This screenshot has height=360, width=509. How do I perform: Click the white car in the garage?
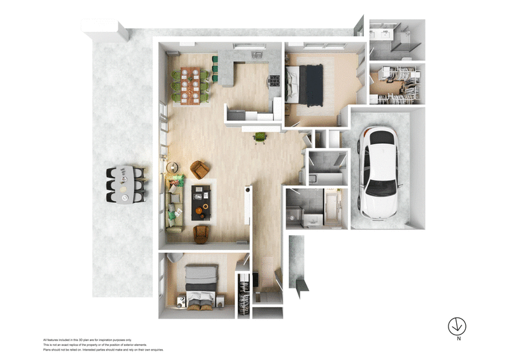(x=379, y=170)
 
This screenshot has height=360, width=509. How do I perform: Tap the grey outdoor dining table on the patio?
(x=127, y=184)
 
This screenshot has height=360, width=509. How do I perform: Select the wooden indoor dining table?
(x=190, y=83)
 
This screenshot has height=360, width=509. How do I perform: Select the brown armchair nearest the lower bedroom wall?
(x=200, y=233)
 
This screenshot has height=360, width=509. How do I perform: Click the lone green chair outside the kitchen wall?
(x=260, y=137)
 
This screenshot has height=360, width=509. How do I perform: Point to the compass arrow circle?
(x=457, y=326)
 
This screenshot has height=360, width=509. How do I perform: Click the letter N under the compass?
(x=457, y=340)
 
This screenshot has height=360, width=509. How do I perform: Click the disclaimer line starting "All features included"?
(x=87, y=340)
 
